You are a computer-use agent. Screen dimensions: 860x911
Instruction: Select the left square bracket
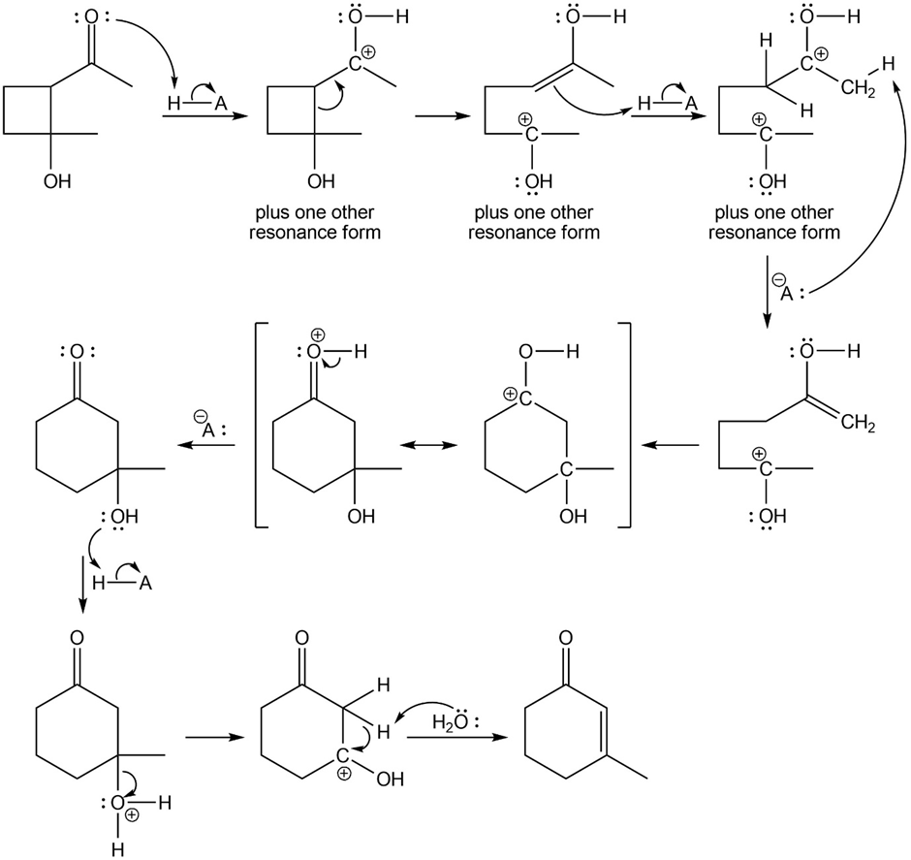click(x=260, y=427)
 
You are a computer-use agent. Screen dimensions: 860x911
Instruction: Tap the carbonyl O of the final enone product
click(x=565, y=640)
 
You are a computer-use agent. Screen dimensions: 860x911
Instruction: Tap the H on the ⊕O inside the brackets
click(x=361, y=355)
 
